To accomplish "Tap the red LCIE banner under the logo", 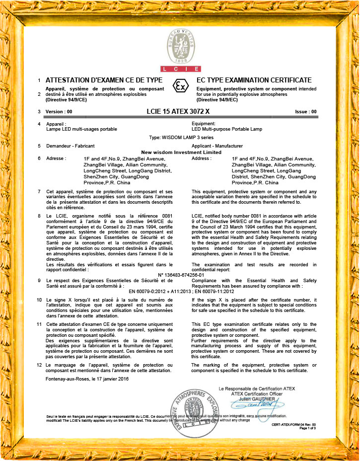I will click(180, 69).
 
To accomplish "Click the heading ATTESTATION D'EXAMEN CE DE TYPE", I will click(104, 80).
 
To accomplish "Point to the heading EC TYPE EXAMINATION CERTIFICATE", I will click(254, 80).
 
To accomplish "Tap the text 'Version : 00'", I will click(59, 112).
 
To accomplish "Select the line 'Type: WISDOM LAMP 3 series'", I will click(179, 137).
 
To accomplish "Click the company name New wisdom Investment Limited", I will click(181, 152).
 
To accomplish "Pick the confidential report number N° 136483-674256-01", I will click(180, 275).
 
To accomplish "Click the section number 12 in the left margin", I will click(39, 365).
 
